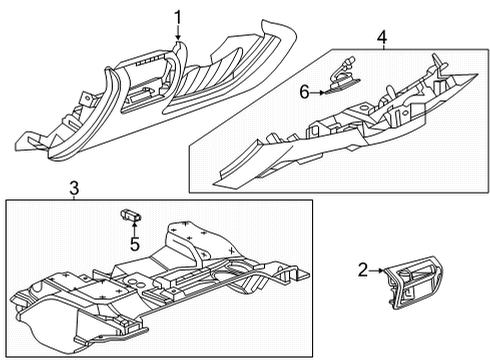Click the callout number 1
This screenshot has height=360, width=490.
[177, 16]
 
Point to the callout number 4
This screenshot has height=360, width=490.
[381, 38]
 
